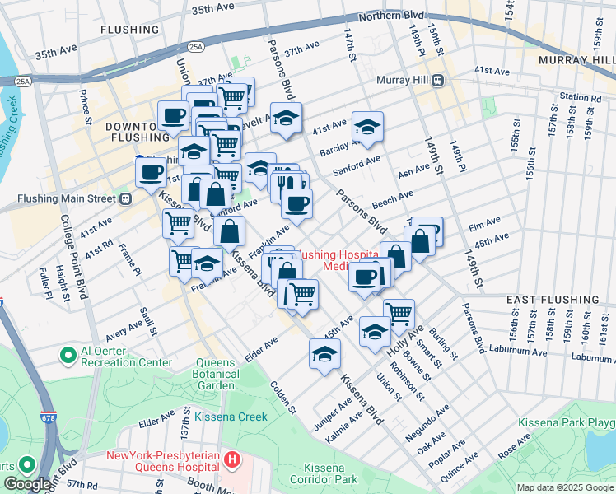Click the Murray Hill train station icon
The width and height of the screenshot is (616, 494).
pos(438,80)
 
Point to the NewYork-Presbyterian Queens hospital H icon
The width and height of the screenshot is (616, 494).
pos(233,458)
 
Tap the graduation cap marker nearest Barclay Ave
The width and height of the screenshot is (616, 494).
pos(367,127)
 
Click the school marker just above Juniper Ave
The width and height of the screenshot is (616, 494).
pos(324,354)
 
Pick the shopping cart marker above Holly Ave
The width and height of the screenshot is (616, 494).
pos(399,313)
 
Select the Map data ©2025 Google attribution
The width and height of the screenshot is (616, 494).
pos(564,487)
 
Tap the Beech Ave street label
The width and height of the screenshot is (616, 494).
pos(392,198)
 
